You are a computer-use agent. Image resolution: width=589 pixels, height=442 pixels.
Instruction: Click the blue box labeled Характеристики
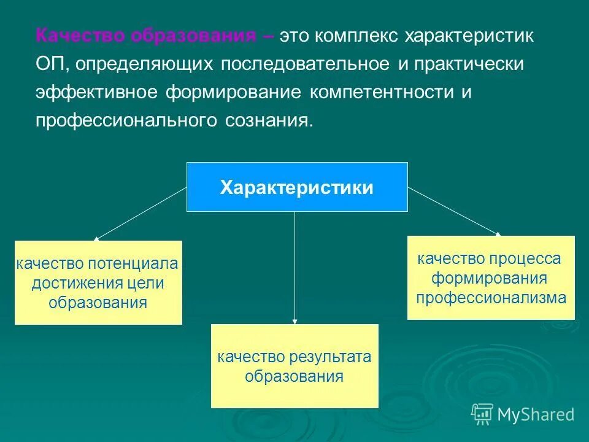click(x=297, y=187)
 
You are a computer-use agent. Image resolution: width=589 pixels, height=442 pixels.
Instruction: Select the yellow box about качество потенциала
click(x=98, y=282)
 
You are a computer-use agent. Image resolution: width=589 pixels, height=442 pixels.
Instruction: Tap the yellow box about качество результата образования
click(x=294, y=366)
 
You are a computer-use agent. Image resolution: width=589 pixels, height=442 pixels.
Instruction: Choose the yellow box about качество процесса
click(x=491, y=277)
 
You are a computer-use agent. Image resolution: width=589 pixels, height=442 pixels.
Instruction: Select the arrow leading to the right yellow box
click(x=454, y=211)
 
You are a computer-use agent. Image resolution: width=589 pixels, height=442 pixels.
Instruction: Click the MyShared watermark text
click(x=536, y=414)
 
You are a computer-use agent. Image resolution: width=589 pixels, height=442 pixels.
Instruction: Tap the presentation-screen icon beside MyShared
click(x=482, y=414)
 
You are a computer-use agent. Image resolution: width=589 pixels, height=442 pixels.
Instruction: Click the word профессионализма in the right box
click(x=491, y=298)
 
